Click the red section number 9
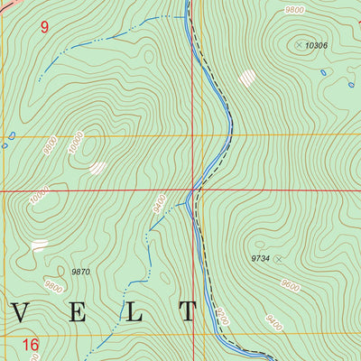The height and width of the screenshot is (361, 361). tap(43, 27)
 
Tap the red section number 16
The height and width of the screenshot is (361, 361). tap(30, 344)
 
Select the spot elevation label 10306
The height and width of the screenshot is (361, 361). tap(317, 44)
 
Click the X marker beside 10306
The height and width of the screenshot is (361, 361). tap(298, 42)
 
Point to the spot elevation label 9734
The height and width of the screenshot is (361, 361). tap(260, 258)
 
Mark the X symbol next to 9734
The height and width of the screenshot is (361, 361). tap(278, 259)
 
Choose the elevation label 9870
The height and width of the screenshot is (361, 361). tap(82, 270)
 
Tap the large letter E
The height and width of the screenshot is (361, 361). tap(79, 313)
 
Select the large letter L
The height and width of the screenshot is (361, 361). tap(134, 313)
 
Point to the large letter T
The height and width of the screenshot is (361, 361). tap(188, 313)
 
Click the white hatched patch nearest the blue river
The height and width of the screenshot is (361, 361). tap(246, 79)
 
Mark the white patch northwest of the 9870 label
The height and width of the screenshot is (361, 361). tap(39, 245)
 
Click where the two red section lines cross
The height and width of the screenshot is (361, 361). tap(192, 191)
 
